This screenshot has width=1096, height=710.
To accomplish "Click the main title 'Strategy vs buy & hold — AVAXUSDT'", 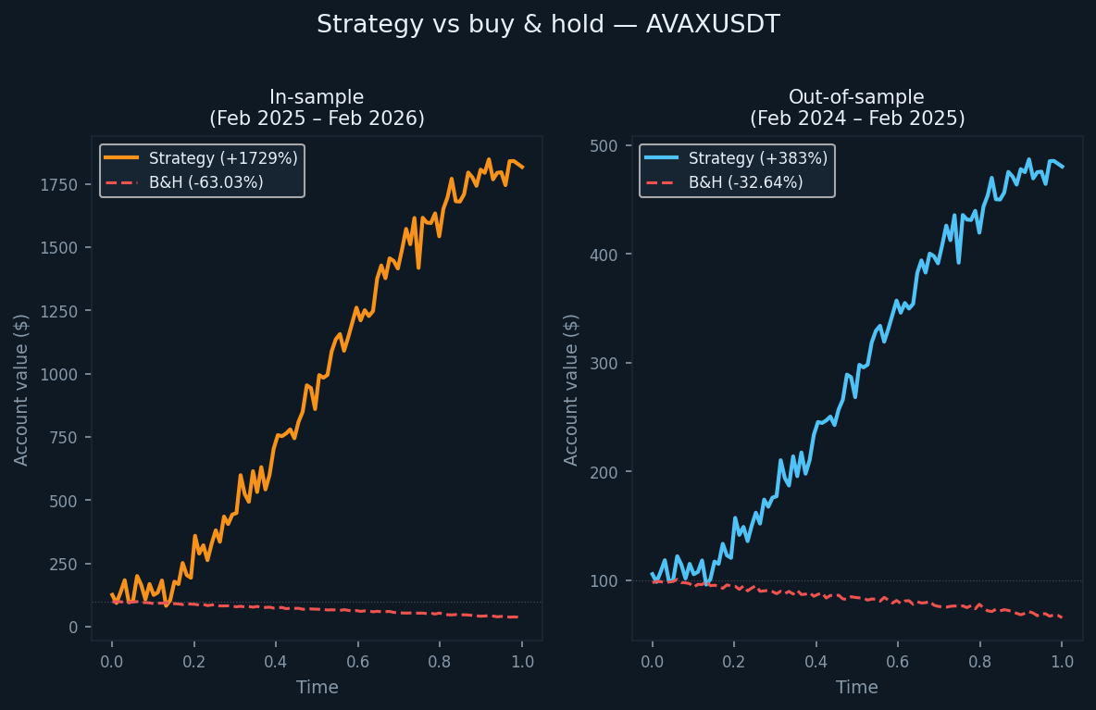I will [548, 25].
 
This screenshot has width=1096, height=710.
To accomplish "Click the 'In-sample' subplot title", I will [317, 97].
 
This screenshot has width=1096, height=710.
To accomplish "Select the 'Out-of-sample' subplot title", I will [856, 97].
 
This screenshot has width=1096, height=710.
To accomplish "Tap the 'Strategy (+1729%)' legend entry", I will [223, 158].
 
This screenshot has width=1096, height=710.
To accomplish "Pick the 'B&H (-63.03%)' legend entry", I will [205, 182].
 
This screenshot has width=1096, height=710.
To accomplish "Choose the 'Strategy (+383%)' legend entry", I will [757, 158].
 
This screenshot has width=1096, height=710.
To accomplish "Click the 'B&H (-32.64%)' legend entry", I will [745, 182].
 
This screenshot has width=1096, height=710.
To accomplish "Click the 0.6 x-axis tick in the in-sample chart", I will [358, 662].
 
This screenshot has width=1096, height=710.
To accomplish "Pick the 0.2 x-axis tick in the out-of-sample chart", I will [734, 662].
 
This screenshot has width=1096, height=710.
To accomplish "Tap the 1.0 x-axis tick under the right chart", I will [1062, 662].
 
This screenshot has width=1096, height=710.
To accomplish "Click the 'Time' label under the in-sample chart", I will [317, 688].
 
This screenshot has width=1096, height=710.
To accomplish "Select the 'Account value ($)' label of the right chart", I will [571, 389].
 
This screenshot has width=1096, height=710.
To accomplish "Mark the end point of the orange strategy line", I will [522, 168].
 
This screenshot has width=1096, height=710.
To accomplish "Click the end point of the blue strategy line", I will [1062, 167].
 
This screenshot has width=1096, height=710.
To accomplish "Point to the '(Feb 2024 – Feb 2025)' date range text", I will [856, 118].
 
